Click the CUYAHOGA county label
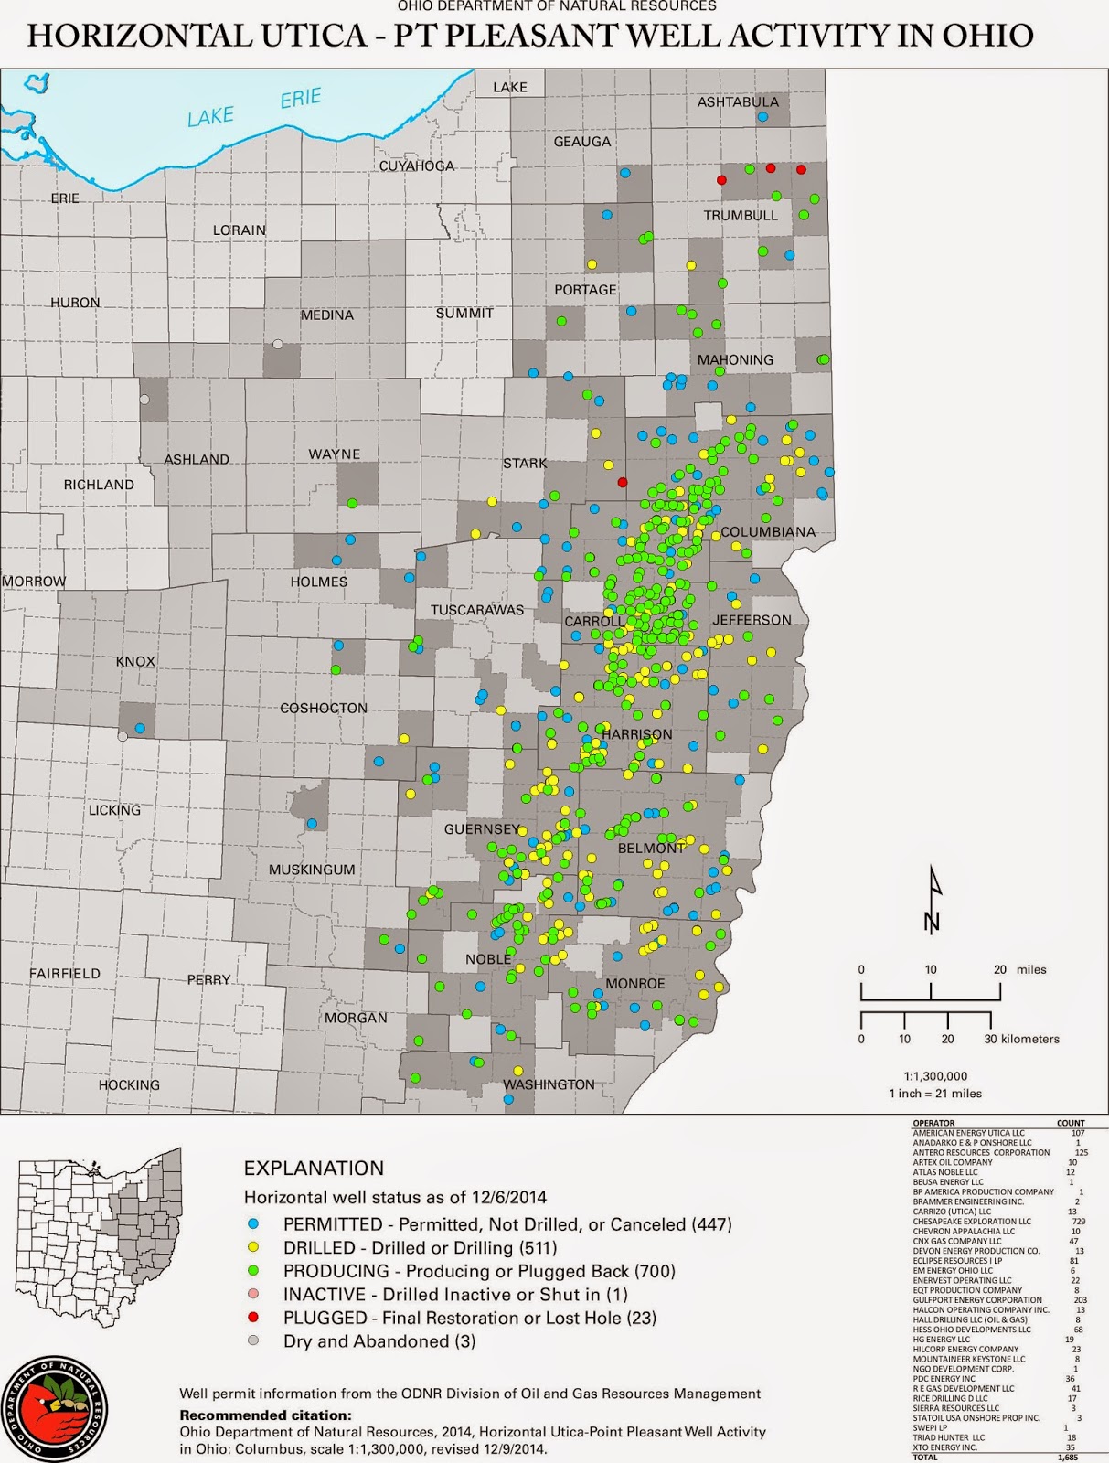[x=417, y=166]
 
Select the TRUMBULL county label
[x=741, y=216]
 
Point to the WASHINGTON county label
[x=549, y=1084]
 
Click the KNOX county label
[x=135, y=661]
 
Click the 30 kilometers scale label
[x=1021, y=1039]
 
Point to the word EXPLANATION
[x=314, y=1168]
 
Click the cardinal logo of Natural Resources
[x=54, y=1409]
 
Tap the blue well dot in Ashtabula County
[x=762, y=117]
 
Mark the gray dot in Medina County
[x=277, y=345]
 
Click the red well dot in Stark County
[x=623, y=482]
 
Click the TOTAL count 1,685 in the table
[x=1067, y=1458]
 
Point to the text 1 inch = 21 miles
[x=934, y=1093]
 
